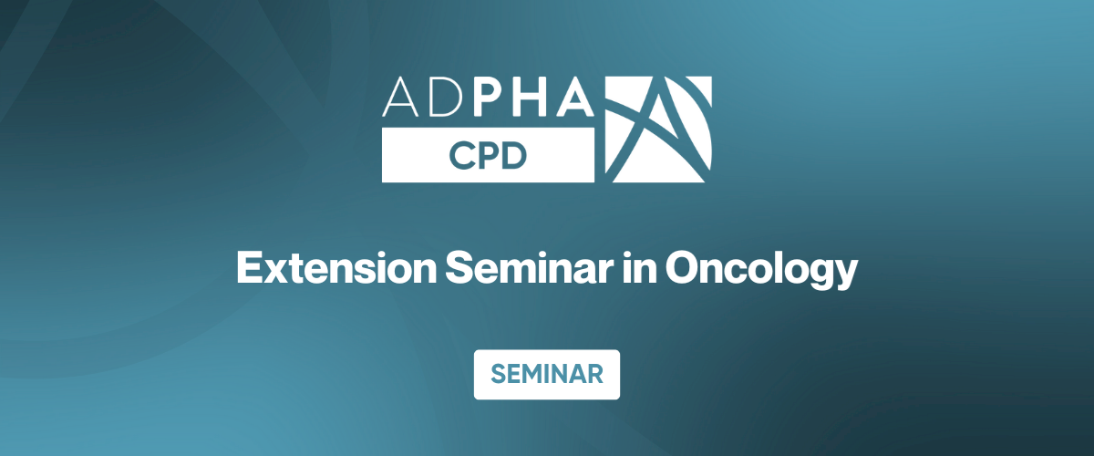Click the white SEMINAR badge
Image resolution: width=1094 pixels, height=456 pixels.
546,374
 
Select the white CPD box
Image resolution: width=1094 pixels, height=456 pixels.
488,156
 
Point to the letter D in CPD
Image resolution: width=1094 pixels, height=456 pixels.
515,156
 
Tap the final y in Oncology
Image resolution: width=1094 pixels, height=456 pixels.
846,277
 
